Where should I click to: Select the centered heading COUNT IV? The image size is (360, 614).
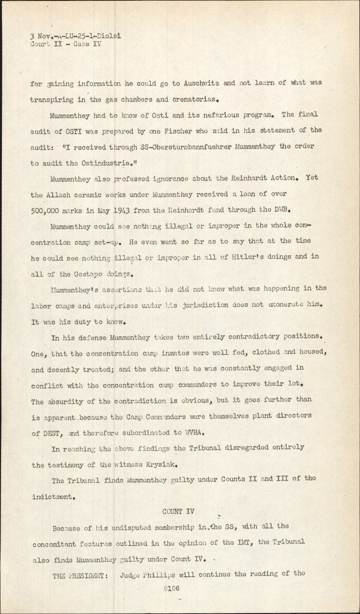click(x=178, y=512)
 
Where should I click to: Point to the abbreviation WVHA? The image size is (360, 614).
click(x=195, y=432)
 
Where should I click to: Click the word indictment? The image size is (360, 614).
click(x=52, y=497)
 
